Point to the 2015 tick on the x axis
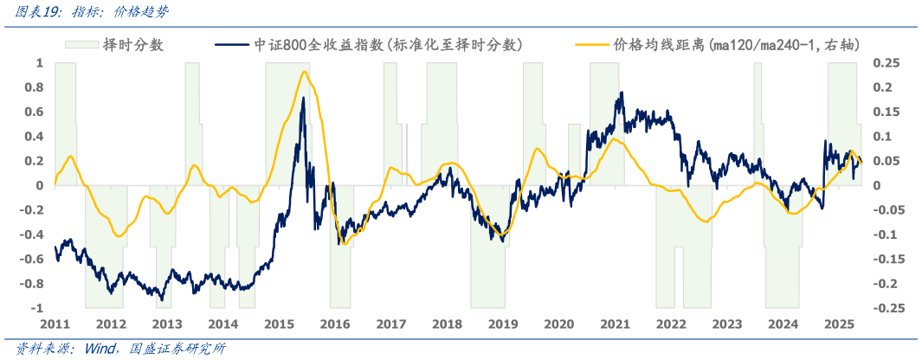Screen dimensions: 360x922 point(279,324)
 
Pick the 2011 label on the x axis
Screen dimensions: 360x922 point(55,324)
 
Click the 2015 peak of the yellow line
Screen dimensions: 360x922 point(304,72)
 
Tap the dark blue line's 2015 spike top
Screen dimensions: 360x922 point(303,98)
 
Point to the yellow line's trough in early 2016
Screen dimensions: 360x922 point(344,244)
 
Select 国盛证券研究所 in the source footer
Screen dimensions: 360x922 point(177,349)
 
